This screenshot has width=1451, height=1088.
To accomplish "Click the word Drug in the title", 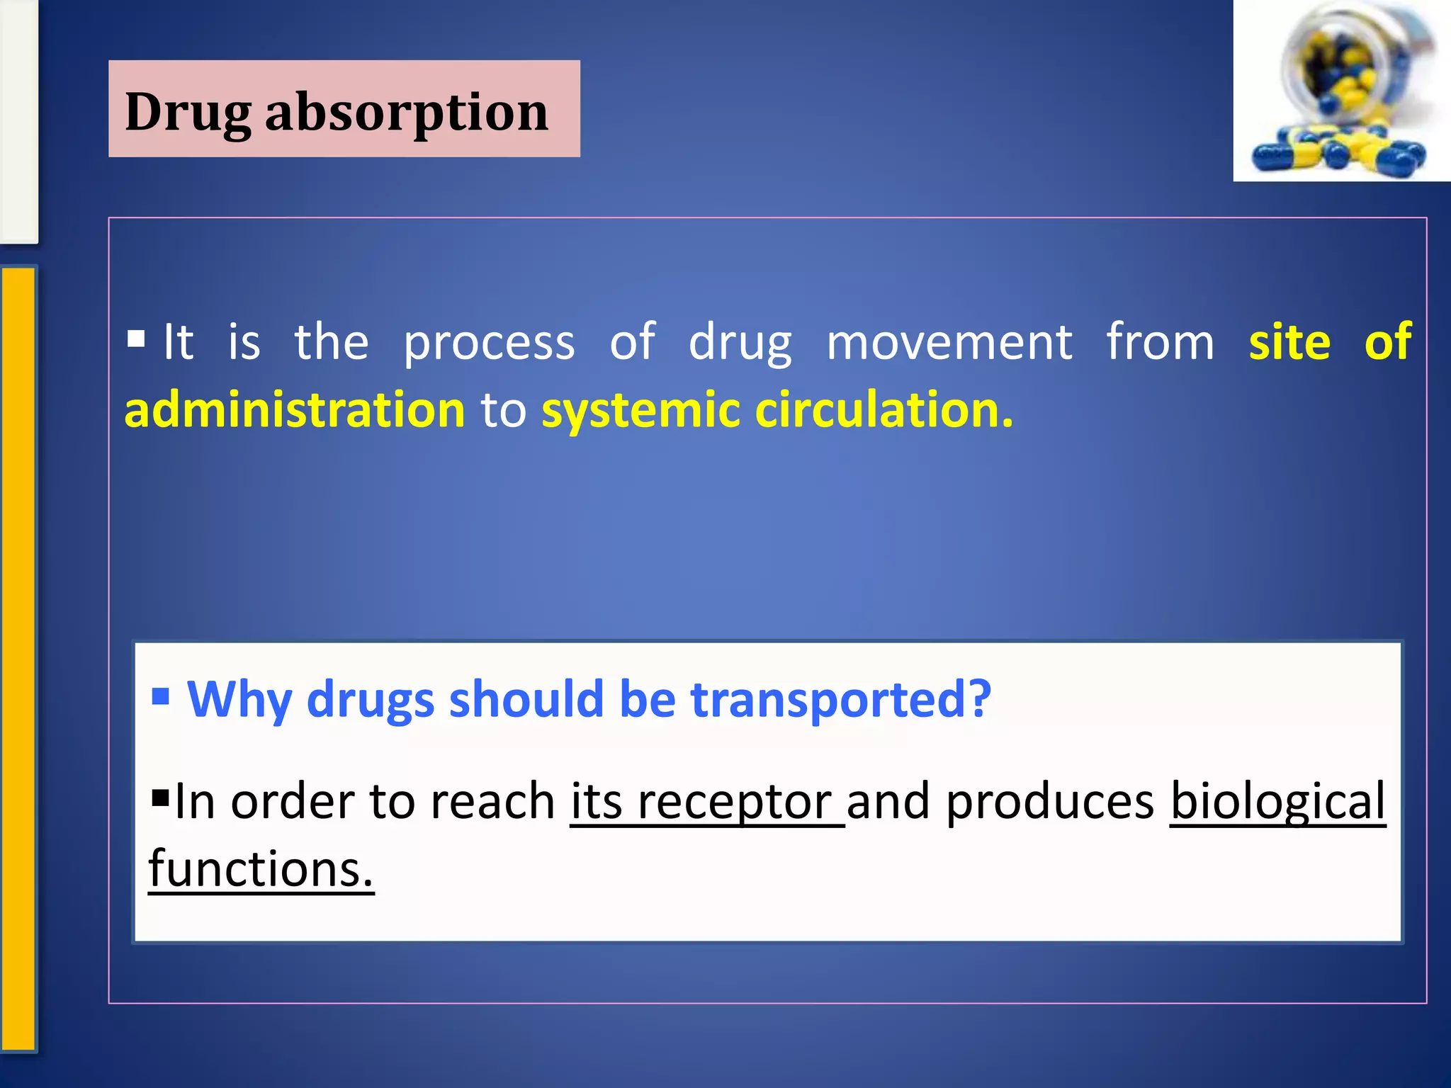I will coord(188,113).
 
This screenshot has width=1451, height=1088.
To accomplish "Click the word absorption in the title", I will coord(407,113).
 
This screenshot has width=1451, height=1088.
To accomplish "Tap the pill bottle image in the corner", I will coord(1341,91).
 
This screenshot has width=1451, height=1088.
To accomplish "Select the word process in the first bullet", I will coord(489,344).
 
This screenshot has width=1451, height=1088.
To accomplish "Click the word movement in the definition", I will coord(949,342).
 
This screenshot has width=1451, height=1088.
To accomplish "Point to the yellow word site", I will coord(1289,342).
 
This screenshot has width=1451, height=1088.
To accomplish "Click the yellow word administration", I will coord(295,410).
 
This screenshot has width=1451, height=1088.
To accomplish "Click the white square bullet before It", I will coord(136,339).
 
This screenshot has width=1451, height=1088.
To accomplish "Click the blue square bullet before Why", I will coord(161,696).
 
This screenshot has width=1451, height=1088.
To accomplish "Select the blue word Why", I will coord(239,700).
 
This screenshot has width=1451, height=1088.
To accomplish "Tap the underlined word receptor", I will coord(734,802).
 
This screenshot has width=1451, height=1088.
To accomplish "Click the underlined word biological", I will coord(1277,802).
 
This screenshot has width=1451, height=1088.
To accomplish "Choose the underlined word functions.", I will coord(261,869).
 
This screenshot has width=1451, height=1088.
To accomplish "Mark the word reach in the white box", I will coord(492,802).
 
